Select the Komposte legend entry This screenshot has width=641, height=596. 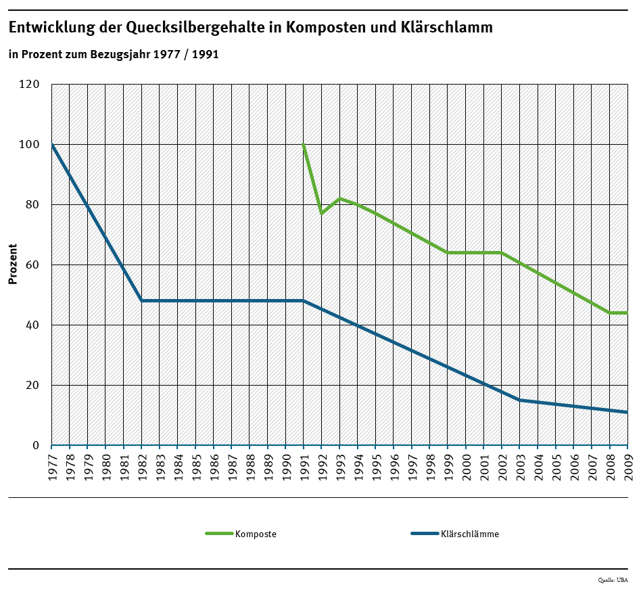[256, 534]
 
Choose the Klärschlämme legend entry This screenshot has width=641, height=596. [469, 534]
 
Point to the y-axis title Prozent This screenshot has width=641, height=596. [13, 265]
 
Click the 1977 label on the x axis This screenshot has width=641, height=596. [52, 467]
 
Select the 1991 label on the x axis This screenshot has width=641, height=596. [304, 467]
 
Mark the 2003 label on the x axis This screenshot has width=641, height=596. [520, 467]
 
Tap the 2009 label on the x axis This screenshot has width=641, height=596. [627, 467]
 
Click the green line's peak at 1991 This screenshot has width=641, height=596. [304, 145]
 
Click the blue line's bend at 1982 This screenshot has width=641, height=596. [141, 300]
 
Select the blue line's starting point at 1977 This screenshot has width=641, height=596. [52, 145]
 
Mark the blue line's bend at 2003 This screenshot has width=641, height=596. [519, 400]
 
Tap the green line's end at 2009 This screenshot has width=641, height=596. [627, 313]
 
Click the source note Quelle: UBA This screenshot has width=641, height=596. [613, 580]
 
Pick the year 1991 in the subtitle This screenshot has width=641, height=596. [205, 54]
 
